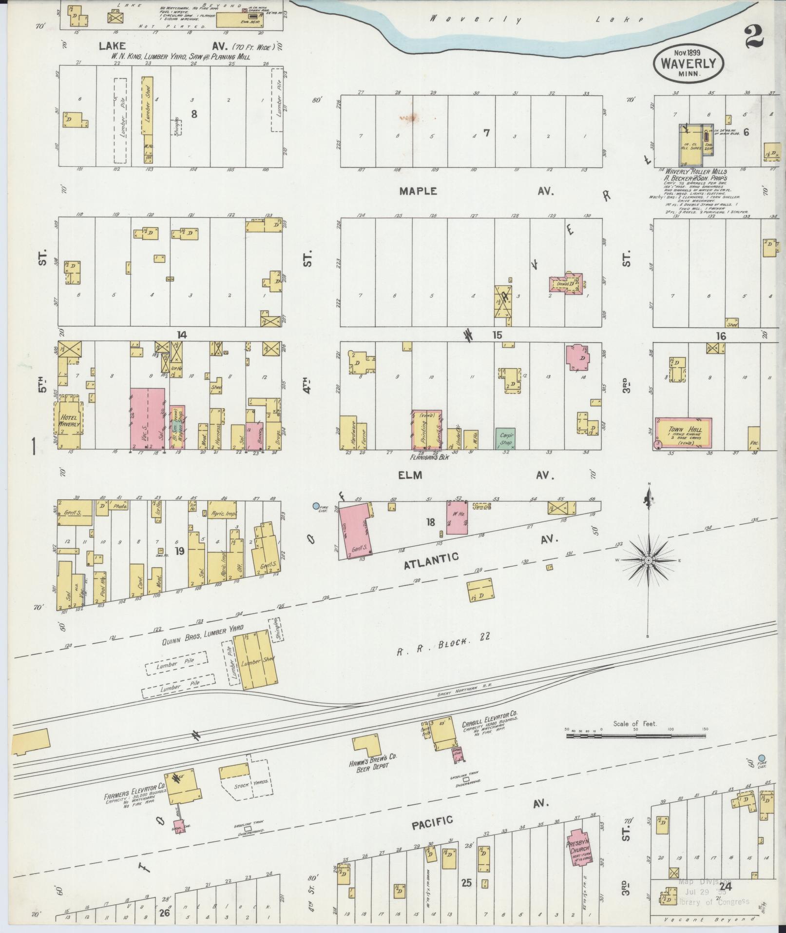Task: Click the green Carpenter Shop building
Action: (505, 438)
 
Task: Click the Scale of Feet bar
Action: (636, 748)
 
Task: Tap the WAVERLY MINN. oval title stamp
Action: (688, 64)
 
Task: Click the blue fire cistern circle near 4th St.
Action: (316, 506)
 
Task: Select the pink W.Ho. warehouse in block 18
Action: (457, 518)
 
